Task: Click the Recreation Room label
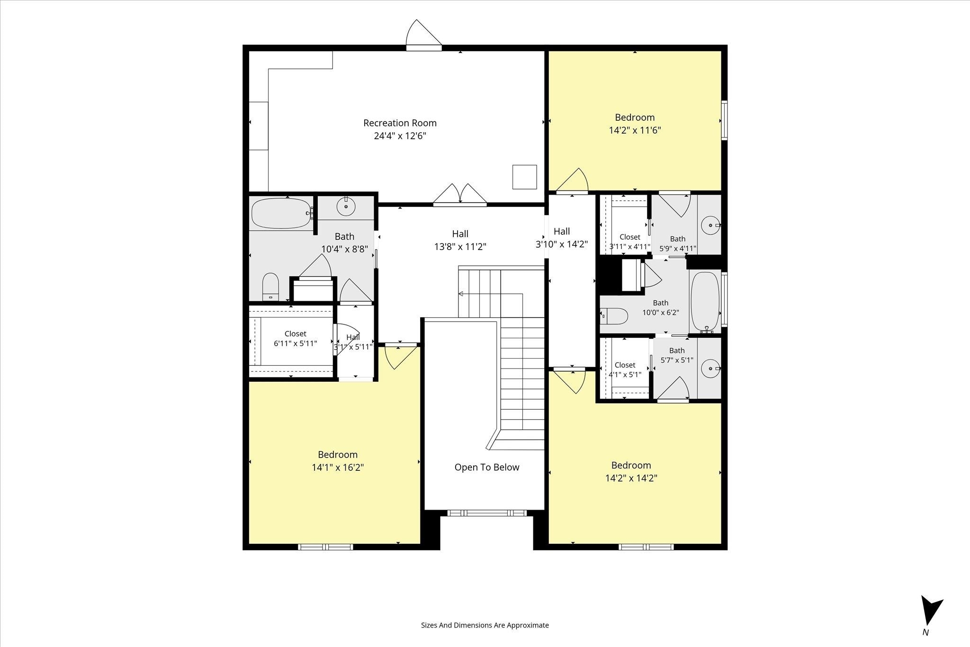pos(400,123)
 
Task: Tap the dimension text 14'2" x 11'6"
pos(635,130)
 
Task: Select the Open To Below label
pos(487,467)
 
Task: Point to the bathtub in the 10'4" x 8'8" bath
pos(281,213)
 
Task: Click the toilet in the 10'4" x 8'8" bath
pos(271,286)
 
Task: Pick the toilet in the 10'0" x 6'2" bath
pos(614,315)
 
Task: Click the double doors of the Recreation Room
pos(460,195)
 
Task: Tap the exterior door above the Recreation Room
pos(424,35)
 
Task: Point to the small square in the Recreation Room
pos(524,177)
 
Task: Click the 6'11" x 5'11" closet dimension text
pos(296,343)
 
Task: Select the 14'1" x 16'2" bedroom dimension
pos(338,467)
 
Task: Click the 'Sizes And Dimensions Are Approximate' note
pos(485,625)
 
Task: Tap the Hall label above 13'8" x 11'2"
pos(460,234)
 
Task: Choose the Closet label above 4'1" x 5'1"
pos(625,365)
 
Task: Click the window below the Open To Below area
pos(486,512)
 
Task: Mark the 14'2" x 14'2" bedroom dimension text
pos(631,478)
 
